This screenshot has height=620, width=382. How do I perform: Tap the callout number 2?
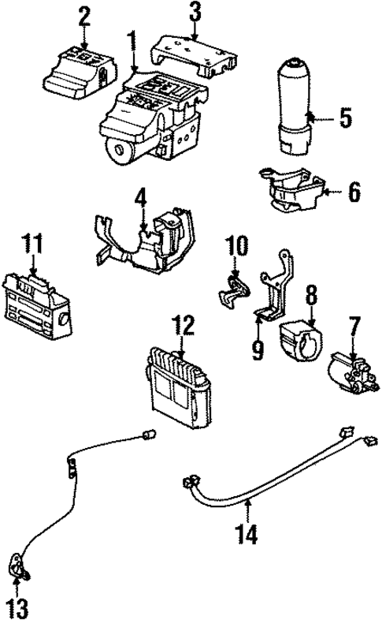[x=84, y=14]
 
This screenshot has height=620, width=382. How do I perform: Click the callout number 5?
[x=344, y=119]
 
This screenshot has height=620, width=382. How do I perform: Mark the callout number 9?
[x=258, y=348]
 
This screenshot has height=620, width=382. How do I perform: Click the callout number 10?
[x=238, y=246]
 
